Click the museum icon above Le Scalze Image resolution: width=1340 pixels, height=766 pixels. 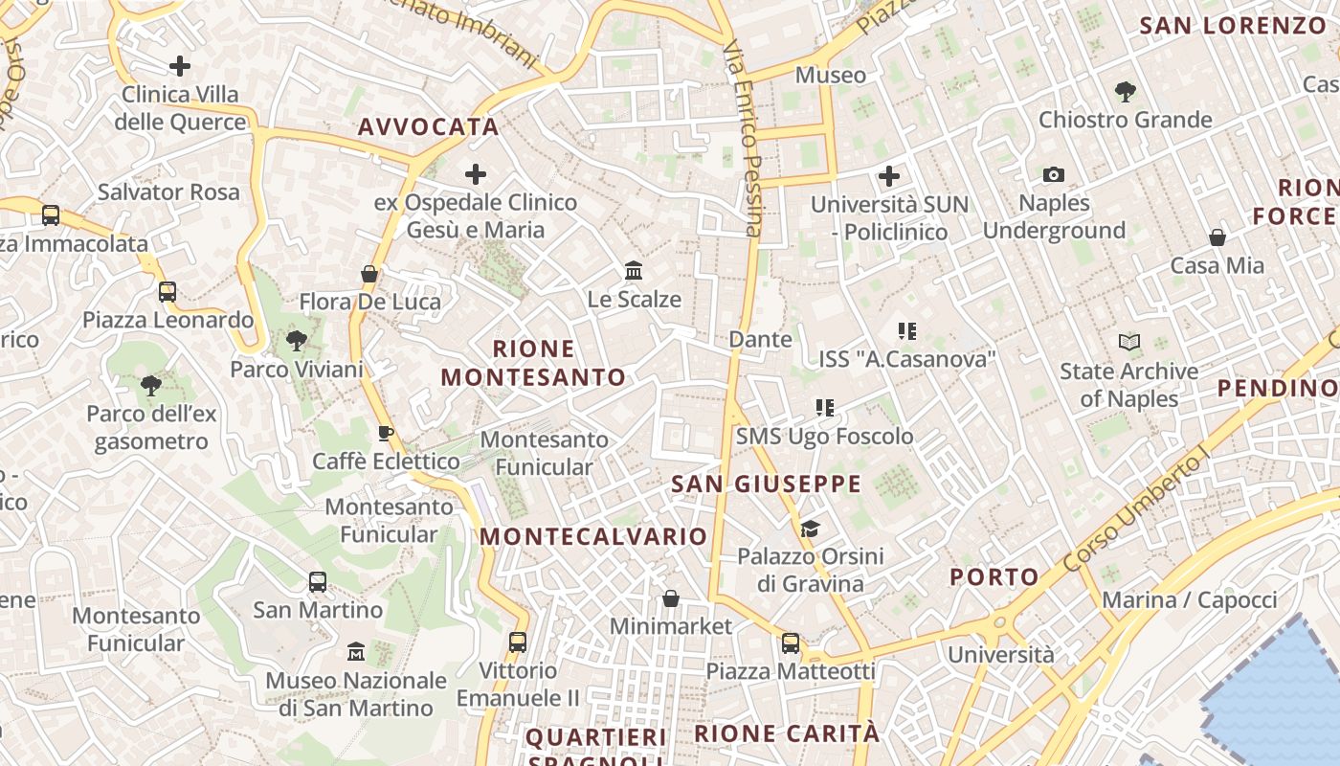[634, 271]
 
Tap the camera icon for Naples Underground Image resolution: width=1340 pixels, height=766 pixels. [1054, 174]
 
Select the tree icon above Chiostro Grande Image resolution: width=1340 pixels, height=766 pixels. [1126, 92]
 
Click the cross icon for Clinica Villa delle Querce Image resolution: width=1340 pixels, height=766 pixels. [179, 66]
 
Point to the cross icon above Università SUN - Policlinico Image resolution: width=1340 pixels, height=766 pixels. [889, 176]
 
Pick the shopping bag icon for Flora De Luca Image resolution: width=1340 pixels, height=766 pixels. [369, 274]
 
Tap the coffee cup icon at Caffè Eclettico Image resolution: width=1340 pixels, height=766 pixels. [386, 434]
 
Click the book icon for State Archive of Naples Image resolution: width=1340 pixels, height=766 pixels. [1129, 343]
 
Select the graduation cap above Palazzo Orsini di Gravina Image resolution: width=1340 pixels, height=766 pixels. [810, 529]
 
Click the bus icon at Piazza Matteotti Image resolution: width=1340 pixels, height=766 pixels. [791, 643]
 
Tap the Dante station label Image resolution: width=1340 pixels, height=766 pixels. [760, 339]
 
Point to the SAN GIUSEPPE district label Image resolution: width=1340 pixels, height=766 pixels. [766, 484]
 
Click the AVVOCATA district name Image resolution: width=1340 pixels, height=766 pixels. [428, 127]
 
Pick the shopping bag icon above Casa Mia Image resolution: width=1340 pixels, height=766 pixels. [1217, 237]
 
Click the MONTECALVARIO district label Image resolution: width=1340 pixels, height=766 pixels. [593, 536]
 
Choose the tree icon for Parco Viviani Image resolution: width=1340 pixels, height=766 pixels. [297, 341]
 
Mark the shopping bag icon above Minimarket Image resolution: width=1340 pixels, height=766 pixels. [671, 598]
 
